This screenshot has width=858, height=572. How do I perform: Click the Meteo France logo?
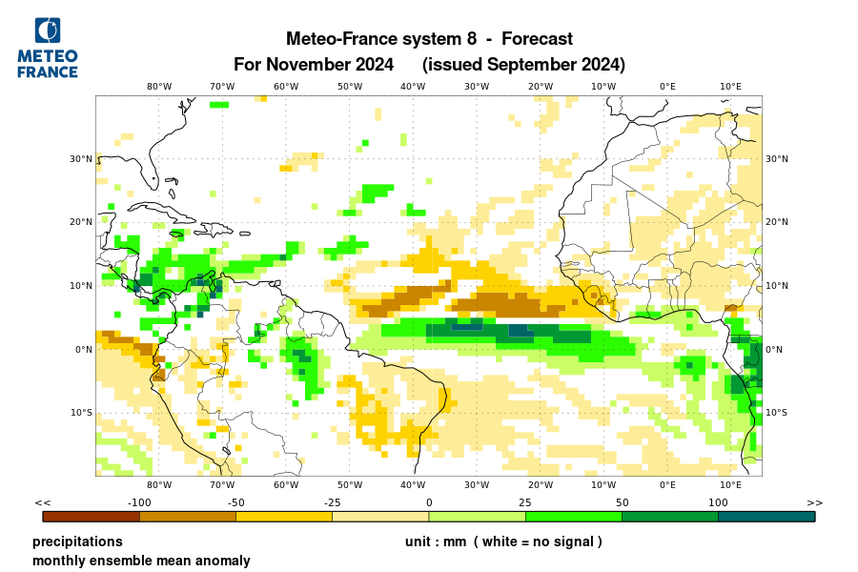coord(48,48)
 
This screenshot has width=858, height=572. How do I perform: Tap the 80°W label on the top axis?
coord(159,87)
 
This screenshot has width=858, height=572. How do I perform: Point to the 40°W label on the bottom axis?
coord(413,485)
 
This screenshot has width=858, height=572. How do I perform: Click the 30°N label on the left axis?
coord(80,159)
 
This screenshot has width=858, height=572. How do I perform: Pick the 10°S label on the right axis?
coord(777,413)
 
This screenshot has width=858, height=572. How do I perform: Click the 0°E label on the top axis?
coord(667,87)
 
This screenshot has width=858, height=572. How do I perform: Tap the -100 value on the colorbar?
coord(139,502)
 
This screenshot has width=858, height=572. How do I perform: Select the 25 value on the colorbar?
coord(524,502)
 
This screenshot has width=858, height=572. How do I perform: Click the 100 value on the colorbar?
coord(717,502)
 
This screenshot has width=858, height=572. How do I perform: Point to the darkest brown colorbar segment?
coord(92,516)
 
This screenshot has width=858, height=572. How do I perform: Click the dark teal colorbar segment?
coord(766,516)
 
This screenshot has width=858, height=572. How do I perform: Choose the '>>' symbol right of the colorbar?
coord(814,502)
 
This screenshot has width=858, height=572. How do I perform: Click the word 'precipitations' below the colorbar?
coord(77,541)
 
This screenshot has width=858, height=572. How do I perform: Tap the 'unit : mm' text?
coord(435,541)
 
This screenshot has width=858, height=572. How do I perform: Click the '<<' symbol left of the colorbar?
coord(43,502)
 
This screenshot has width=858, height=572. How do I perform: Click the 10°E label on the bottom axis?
coord(731,485)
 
